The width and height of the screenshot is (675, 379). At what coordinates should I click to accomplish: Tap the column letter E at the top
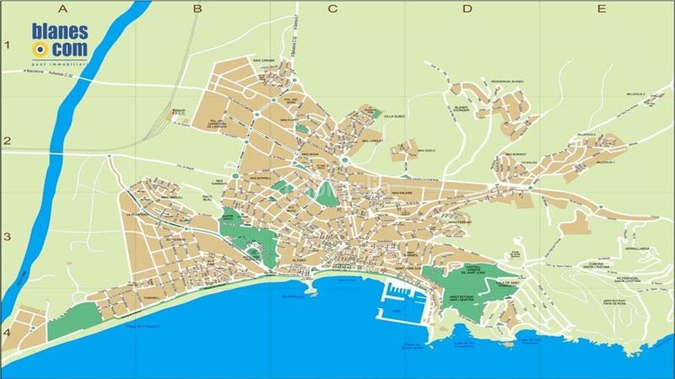coord(600,9)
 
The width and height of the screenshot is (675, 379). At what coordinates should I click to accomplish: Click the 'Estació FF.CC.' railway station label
coord(179,111)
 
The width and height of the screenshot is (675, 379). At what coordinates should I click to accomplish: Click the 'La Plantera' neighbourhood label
coord(137,215)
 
